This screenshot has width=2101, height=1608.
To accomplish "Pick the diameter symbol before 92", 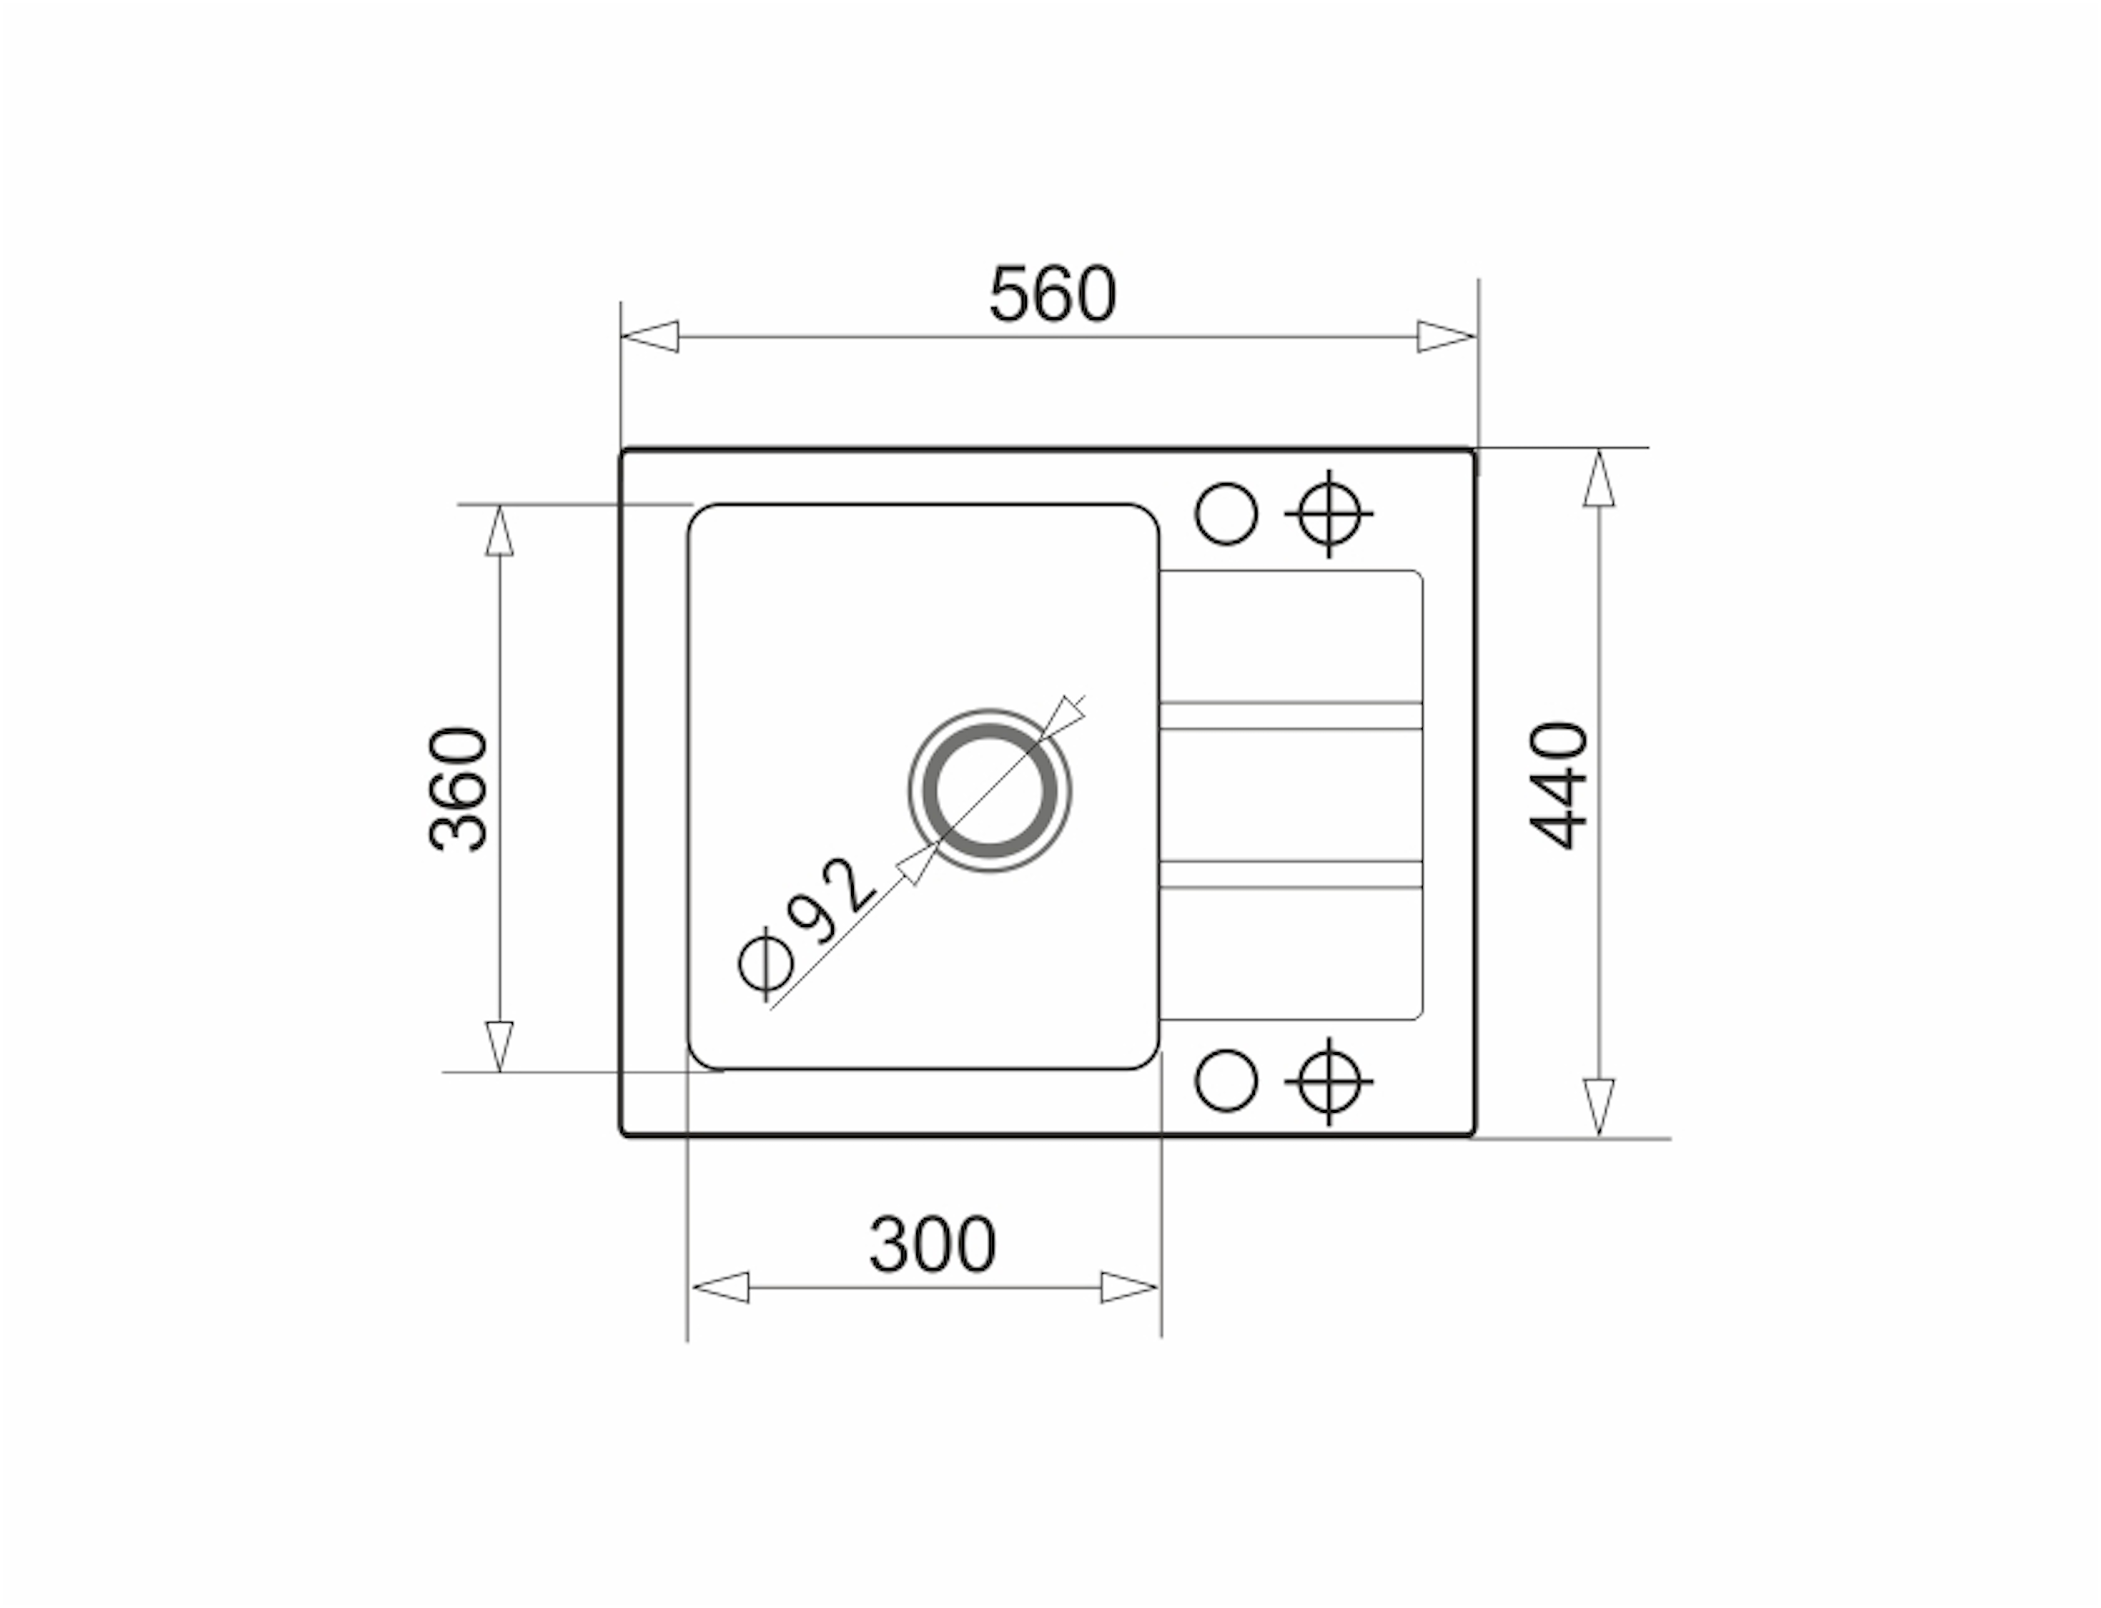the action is point(766,964).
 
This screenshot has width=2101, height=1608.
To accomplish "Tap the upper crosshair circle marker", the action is point(1329,514).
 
